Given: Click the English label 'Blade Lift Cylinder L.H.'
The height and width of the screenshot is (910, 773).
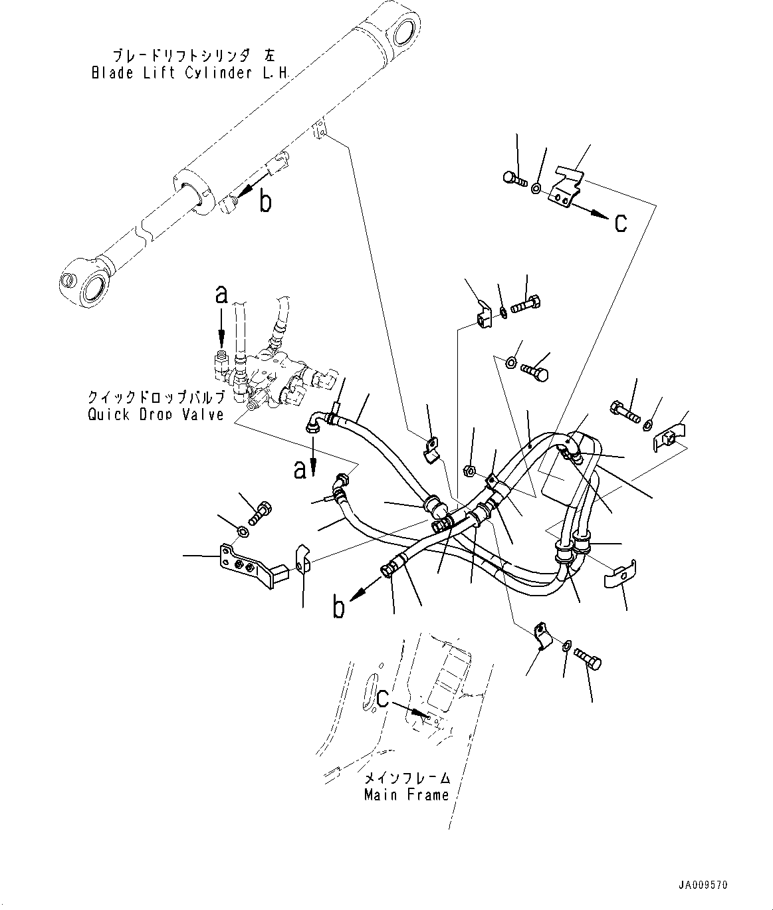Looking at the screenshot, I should pyautogui.click(x=189, y=73).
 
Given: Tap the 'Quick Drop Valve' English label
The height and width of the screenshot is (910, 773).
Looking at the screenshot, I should pyautogui.click(x=156, y=415).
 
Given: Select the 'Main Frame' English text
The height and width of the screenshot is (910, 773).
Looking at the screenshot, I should pyautogui.click(x=406, y=794).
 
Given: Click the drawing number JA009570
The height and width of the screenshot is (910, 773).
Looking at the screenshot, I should pyautogui.click(x=703, y=885).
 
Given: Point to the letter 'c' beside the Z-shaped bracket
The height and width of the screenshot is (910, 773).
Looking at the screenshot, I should pyautogui.click(x=620, y=223).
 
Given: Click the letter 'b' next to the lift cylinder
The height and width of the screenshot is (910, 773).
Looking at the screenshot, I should pyautogui.click(x=265, y=201).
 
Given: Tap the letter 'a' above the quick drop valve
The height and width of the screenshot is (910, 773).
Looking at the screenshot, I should pyautogui.click(x=221, y=294).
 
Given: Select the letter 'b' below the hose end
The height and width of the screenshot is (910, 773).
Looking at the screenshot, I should pyautogui.click(x=340, y=608).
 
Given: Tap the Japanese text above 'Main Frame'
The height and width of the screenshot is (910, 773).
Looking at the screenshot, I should pyautogui.click(x=406, y=778).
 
